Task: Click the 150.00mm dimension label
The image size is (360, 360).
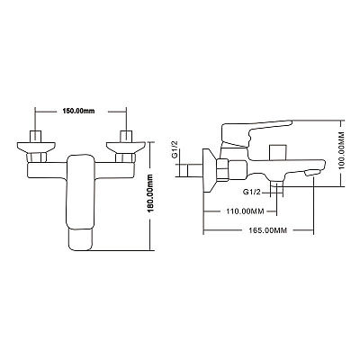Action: pos(78,111)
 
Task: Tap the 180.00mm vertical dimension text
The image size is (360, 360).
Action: pos(151,193)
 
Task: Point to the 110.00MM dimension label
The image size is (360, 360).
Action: pos(245,211)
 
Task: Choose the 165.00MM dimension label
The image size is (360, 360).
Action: pos(268,230)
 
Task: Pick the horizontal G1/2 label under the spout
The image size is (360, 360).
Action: pos(252,193)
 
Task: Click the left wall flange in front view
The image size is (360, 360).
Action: pos(36,148)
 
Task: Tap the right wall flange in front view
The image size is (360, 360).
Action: pos(126,148)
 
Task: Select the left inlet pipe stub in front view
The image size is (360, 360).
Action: pos(35,136)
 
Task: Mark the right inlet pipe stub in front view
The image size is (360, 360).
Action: pos(126,136)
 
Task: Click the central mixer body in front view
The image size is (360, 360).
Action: pos(80,192)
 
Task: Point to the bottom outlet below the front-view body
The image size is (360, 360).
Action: pos(80,239)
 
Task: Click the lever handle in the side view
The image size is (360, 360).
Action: pos(256,133)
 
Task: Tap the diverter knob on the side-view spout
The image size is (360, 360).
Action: pos(277,152)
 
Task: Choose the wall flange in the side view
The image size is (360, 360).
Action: pos(211,170)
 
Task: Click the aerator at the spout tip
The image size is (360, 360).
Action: pos(312,173)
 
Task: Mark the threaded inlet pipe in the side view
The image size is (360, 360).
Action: pos(191,170)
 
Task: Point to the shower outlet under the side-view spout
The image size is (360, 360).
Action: pos(276,185)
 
